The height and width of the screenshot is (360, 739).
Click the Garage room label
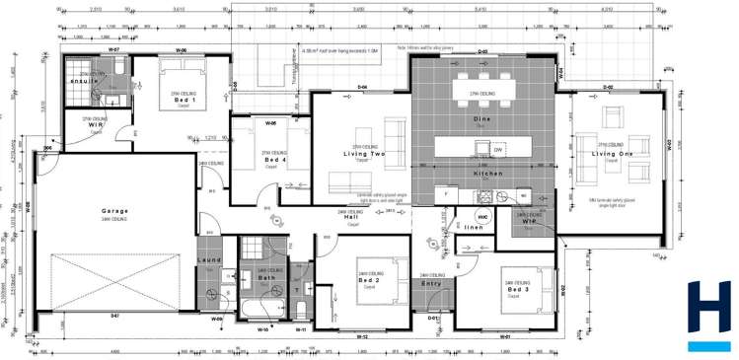(x=115, y=211)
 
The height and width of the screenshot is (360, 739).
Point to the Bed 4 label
(x=273, y=160)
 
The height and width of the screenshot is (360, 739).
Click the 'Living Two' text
(x=363, y=155)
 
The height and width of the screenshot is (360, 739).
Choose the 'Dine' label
(x=481, y=118)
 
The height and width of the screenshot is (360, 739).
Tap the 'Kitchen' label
(x=487, y=174)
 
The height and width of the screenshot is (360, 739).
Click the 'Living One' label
(x=612, y=154)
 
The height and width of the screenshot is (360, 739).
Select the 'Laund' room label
(x=209, y=259)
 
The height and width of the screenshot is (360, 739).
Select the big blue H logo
(x=707, y=314)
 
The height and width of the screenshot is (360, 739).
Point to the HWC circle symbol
(x=482, y=215)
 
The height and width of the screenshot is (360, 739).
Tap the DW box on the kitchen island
(x=498, y=150)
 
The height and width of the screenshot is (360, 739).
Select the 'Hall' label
(x=351, y=217)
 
